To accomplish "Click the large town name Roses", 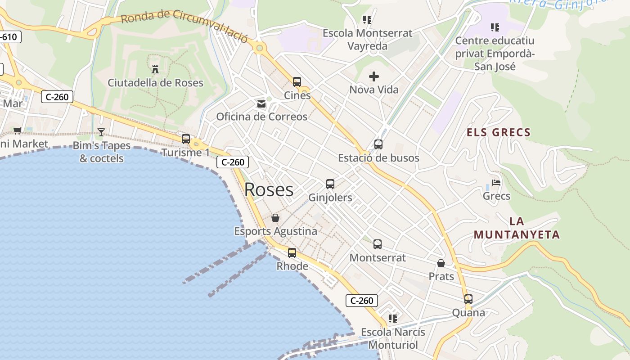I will (x=269, y=189).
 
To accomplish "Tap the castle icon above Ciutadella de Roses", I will (x=155, y=69).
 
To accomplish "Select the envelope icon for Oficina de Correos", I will (x=261, y=104).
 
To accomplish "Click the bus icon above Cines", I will (x=297, y=82).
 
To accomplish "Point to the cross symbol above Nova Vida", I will (x=374, y=76).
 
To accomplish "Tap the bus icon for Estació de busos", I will (x=378, y=144).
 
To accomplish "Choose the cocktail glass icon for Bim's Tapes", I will (x=101, y=132).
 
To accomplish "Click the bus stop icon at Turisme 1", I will (x=186, y=139).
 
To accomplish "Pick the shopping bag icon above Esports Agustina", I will (x=275, y=218).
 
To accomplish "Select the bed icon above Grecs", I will (x=496, y=183).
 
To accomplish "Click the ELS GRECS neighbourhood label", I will (x=499, y=132).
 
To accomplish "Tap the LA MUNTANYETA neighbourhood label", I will (x=517, y=228).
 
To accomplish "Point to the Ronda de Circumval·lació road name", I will (x=184, y=25).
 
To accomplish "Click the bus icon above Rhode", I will (x=292, y=253).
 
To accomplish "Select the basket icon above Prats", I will (x=441, y=263).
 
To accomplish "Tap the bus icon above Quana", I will (x=468, y=299).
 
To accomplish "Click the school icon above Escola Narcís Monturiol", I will (x=393, y=319).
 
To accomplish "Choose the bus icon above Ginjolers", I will (x=330, y=184).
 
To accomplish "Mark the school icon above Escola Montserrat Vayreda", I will (x=367, y=20).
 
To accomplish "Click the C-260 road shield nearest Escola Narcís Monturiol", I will (x=361, y=301).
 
